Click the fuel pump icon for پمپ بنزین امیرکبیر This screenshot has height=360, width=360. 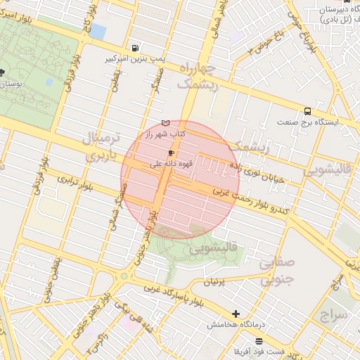pos(134,48)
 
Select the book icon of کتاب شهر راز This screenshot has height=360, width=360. pos(166,122)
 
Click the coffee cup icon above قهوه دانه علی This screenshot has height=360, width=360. pos(171,152)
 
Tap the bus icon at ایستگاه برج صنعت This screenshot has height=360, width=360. pos(308,111)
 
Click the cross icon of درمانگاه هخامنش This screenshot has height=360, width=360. pos(236,314)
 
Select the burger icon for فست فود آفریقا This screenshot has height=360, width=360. pos(259,340)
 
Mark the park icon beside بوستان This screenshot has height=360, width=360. pos(2,72)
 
